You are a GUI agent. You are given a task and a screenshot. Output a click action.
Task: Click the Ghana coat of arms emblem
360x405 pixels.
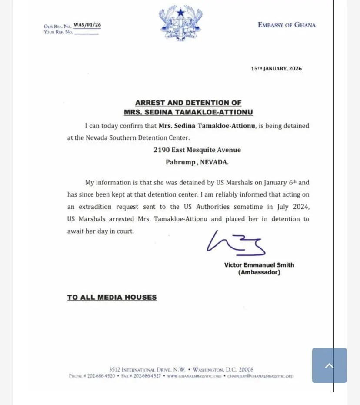pyautogui.click(x=180, y=23)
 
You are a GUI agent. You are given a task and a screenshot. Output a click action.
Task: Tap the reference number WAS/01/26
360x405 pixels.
pyautogui.click(x=87, y=25)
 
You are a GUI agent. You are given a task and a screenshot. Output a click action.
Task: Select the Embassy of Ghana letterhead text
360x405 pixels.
pyautogui.click(x=287, y=25)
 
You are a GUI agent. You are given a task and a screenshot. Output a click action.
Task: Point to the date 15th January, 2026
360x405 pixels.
pyautogui.click(x=276, y=69)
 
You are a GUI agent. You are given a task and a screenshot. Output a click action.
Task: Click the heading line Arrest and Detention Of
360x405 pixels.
pyautogui.click(x=188, y=103)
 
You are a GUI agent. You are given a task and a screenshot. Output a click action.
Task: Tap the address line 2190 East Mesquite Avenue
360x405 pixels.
pyautogui.click(x=197, y=150)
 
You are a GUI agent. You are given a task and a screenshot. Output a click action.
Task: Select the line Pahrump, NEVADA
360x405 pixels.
pyautogui.click(x=197, y=162)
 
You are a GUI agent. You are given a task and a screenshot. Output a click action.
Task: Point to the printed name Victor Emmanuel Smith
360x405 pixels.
pyautogui.click(x=259, y=264)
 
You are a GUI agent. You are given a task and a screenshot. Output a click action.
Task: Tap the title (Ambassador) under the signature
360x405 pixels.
pyautogui.click(x=259, y=272)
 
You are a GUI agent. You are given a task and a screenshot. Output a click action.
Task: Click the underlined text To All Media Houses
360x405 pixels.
pyautogui.click(x=112, y=298)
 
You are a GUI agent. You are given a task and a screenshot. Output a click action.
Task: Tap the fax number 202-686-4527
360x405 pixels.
pyautogui.click(x=147, y=376)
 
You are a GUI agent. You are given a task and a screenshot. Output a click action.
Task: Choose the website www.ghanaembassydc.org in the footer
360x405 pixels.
pyautogui.click(x=194, y=376)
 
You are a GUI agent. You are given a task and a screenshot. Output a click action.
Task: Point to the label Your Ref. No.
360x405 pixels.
pyautogui.click(x=58, y=32)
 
